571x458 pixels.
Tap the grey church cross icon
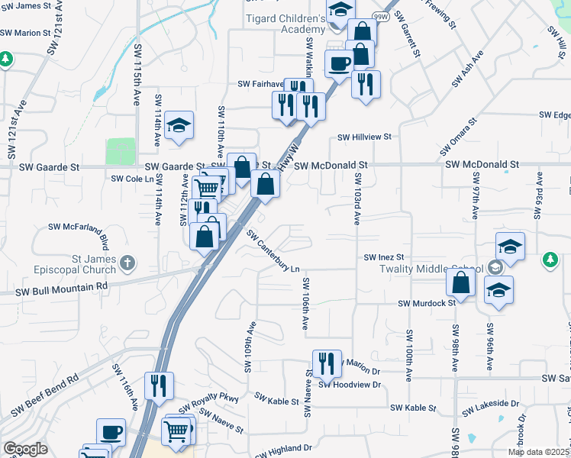point(127,263)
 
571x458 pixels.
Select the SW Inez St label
point(383,258)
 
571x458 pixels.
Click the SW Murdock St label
point(427,302)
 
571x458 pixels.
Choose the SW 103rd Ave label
point(356,198)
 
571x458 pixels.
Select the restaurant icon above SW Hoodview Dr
point(327,363)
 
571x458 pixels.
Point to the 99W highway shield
point(379,15)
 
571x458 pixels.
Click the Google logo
point(25,449)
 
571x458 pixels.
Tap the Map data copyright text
point(538,452)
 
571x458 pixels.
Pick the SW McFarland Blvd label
point(80,227)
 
